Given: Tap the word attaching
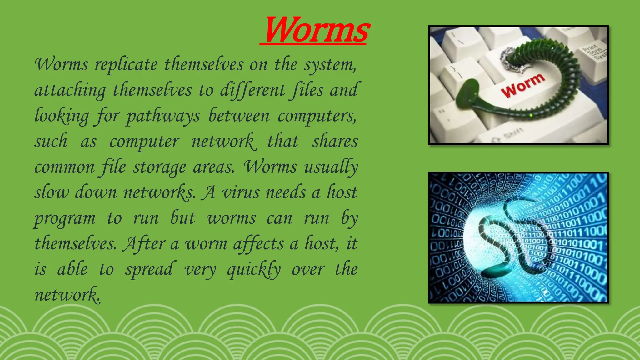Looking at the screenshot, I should click(x=70, y=91).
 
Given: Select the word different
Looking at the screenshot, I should click(x=252, y=91).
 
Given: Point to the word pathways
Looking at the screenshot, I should click(x=162, y=116).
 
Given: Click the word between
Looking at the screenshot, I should click(x=239, y=116).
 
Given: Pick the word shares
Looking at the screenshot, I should click(x=335, y=141).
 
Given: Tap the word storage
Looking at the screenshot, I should click(x=159, y=167).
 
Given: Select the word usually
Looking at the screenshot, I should click(x=331, y=167).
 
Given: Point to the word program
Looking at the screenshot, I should click(x=65, y=219).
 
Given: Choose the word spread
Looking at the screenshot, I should click(x=149, y=270).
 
